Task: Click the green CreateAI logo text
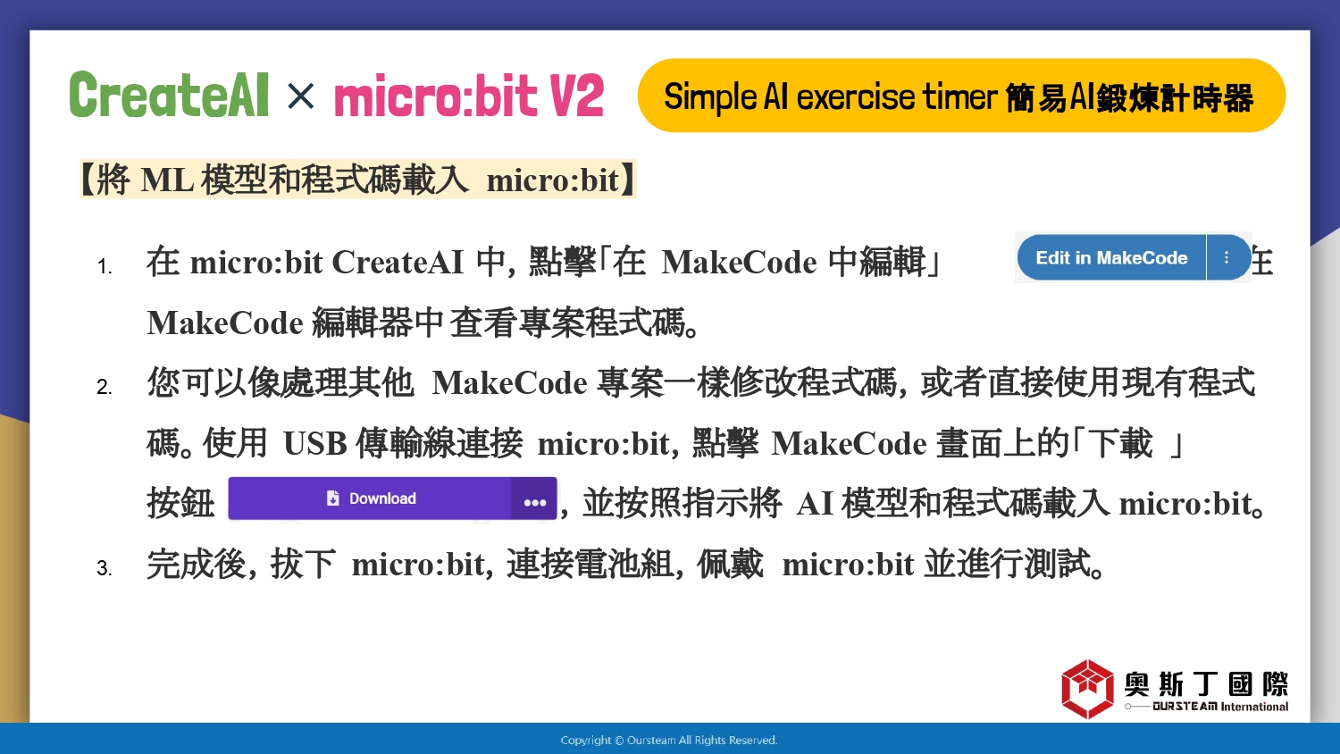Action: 170,95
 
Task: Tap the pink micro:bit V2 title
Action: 469,96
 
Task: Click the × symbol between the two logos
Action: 300,96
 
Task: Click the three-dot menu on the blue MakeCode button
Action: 1227,257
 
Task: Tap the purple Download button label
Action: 382,498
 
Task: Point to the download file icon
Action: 332,498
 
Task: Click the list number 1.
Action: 105,266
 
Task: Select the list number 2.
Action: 105,387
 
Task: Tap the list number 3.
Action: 105,568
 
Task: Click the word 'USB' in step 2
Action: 314,444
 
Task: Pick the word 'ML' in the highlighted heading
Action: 167,180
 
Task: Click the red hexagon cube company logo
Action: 1087,689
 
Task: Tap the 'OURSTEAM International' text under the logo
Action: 1220,707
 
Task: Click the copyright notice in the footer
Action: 669,741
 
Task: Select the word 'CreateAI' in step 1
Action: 398,262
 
